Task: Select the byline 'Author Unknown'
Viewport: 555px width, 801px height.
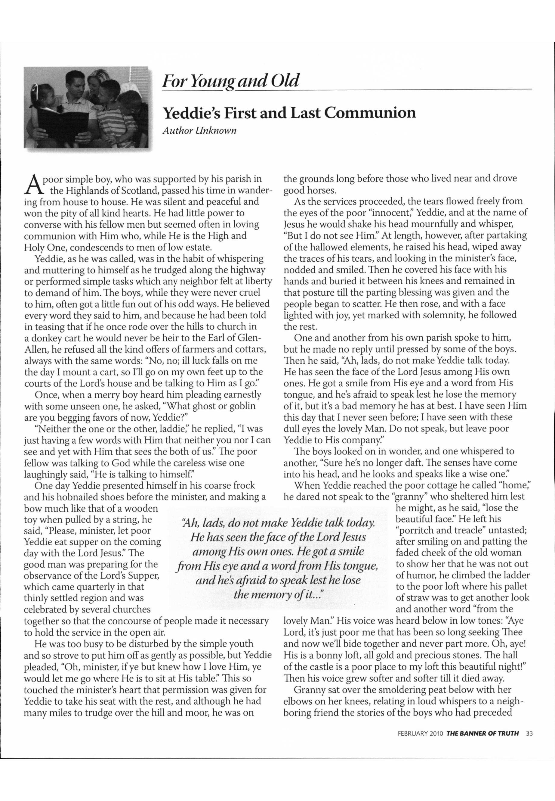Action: click(x=200, y=131)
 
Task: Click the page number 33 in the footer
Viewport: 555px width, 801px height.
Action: click(x=529, y=740)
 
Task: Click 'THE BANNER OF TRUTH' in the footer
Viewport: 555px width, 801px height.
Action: click(x=483, y=740)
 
